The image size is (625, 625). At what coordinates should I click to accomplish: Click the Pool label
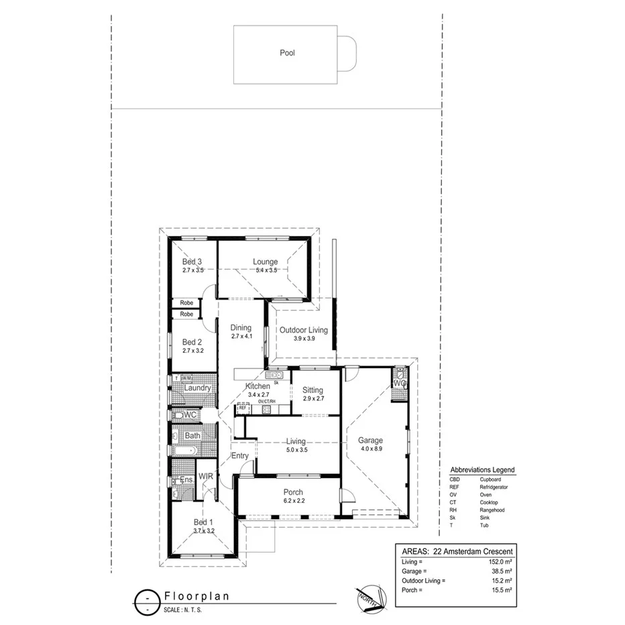click(287, 52)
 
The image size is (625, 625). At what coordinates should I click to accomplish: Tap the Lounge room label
click(265, 262)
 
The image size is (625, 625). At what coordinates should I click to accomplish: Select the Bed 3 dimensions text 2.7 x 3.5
click(192, 270)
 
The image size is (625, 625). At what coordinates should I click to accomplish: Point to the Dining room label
click(241, 328)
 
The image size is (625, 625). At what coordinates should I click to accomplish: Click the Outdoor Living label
click(304, 330)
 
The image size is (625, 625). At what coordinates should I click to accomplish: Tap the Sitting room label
click(312, 390)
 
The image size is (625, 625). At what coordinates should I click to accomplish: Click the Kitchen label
click(258, 386)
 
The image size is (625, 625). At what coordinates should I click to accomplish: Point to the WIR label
click(205, 477)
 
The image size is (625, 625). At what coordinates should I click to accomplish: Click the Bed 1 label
click(203, 522)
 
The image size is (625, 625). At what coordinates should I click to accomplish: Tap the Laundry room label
click(198, 388)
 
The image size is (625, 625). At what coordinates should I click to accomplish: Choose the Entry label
click(240, 456)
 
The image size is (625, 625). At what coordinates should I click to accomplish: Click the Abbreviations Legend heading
click(482, 470)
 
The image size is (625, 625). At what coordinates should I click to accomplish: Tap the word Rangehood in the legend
click(492, 510)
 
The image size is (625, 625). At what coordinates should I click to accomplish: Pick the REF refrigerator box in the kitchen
click(242, 408)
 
